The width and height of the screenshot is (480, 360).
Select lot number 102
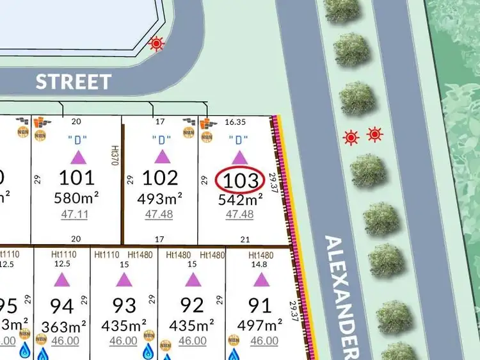point(159,177)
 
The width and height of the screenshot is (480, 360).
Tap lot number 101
point(76,177)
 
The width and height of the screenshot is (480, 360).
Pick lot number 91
point(260,305)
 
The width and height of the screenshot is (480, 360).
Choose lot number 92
point(192,305)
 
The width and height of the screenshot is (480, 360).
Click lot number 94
point(61,305)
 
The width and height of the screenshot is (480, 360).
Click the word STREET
point(73,82)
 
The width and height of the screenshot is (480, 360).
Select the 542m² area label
point(239,199)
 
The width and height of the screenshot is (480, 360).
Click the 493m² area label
point(159,199)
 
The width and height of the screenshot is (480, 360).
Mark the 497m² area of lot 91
point(260,325)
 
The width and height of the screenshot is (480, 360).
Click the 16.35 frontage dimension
point(232,121)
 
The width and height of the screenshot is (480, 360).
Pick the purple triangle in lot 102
point(162,157)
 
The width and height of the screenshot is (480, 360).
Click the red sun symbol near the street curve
point(156,44)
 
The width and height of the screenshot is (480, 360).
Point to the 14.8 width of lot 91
point(260,265)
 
